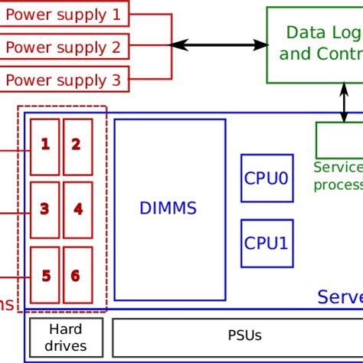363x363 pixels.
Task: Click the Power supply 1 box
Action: click(x=64, y=13)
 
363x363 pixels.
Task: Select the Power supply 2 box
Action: click(x=64, y=47)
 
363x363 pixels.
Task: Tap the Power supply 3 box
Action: click(x=64, y=79)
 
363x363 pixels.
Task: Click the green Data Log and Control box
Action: click(x=315, y=44)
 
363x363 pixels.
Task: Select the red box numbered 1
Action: click(x=45, y=146)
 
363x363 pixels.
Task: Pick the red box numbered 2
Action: click(x=77, y=146)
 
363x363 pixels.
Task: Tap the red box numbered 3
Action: click(x=45, y=209)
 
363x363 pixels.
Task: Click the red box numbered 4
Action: click(x=77, y=209)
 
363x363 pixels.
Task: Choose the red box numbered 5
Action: click(x=45, y=276)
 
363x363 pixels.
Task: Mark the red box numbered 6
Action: click(x=77, y=276)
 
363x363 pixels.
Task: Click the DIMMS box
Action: click(x=169, y=208)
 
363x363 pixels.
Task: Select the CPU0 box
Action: click(x=267, y=178)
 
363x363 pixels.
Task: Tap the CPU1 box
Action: click(x=267, y=244)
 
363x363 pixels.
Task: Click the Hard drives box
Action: click(x=67, y=338)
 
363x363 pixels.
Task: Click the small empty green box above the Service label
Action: click(x=338, y=140)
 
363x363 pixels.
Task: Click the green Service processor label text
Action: click(x=338, y=175)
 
